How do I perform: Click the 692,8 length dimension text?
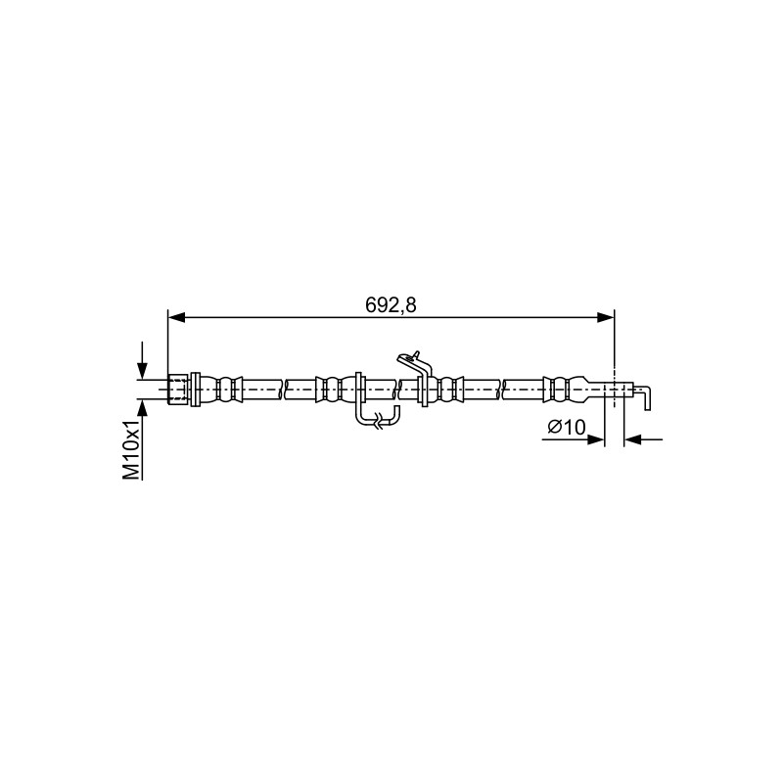pyautogui.click(x=391, y=305)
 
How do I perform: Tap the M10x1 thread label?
pyautogui.click(x=132, y=450)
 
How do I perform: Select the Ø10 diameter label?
pyautogui.click(x=567, y=427)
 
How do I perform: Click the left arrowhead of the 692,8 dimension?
pyautogui.click(x=177, y=317)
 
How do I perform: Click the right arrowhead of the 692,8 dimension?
pyautogui.click(x=606, y=317)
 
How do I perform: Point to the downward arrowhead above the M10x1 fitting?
pyautogui.click(x=142, y=371)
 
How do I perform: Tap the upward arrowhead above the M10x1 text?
pyautogui.click(x=142, y=407)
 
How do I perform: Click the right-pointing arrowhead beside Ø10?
pyautogui.click(x=596, y=439)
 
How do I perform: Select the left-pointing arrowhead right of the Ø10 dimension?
pyautogui.click(x=632, y=439)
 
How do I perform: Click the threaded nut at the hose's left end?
pyautogui.click(x=178, y=389)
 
